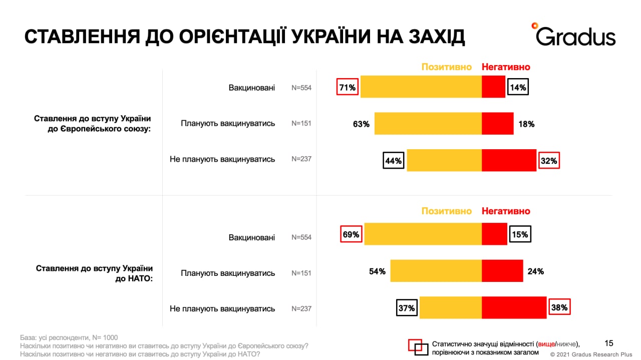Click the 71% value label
pyautogui.click(x=348, y=88)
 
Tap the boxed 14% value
pyautogui.click(x=518, y=88)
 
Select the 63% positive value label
pyautogui.click(x=361, y=124)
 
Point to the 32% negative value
pyautogui.click(x=548, y=161)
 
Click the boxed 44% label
pyautogui.click(x=393, y=161)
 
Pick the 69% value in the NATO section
pyautogui.click(x=351, y=234)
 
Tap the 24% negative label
pyautogui.click(x=536, y=271)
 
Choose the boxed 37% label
pyautogui.click(x=406, y=308)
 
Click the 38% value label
pyautogui.click(x=559, y=307)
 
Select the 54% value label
pyautogui.click(x=377, y=271)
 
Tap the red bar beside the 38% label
pyautogui.click(x=514, y=307)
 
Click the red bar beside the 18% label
pyautogui.click(x=497, y=124)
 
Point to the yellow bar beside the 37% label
pyautogui.click(x=450, y=307)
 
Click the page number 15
pyautogui.click(x=609, y=343)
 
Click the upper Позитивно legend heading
pyautogui.click(x=446, y=67)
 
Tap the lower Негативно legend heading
pyautogui.click(x=505, y=211)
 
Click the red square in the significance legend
pyautogui.click(x=415, y=344)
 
